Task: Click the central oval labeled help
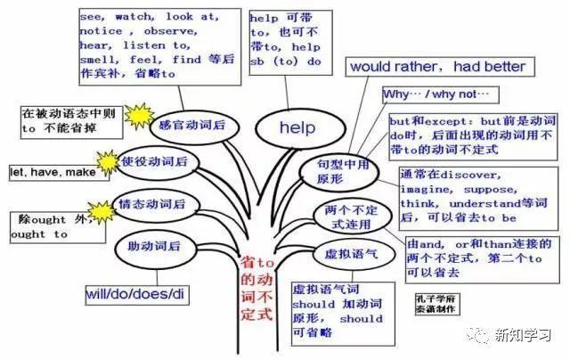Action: point(297,128)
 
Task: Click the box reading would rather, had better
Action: point(437,67)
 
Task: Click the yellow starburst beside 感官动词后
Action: point(140,115)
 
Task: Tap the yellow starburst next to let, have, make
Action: point(108,161)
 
